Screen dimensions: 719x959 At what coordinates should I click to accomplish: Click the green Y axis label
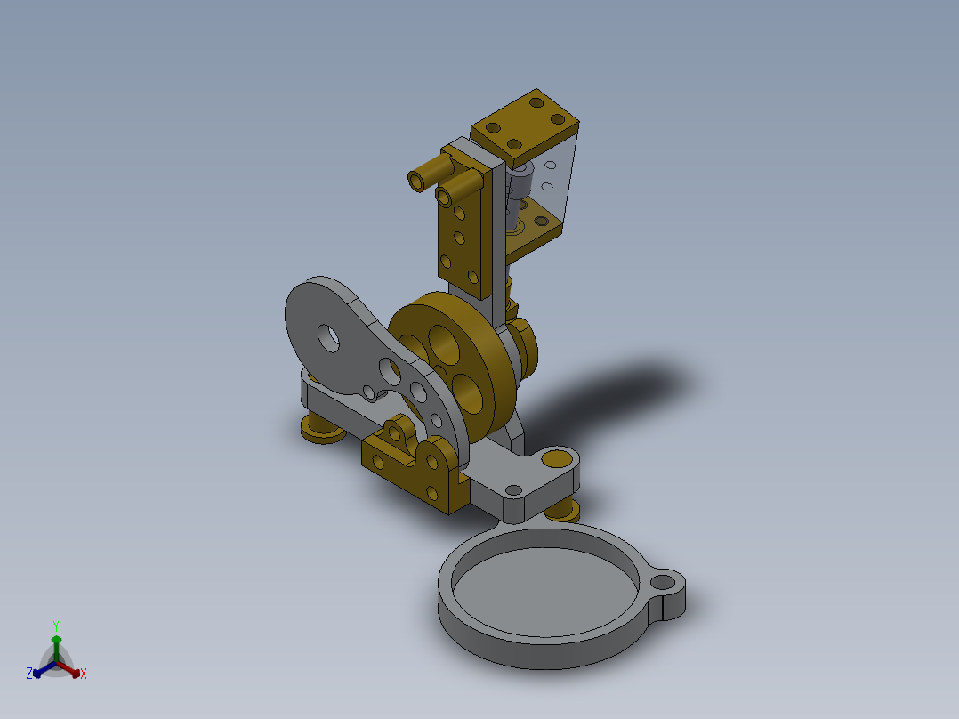(x=55, y=626)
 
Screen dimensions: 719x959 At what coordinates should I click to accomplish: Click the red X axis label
(x=84, y=675)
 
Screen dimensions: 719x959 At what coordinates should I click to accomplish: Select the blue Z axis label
(x=29, y=675)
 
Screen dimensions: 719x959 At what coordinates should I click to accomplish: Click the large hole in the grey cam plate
(x=329, y=336)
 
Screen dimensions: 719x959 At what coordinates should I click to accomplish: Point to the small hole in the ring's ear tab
(x=663, y=583)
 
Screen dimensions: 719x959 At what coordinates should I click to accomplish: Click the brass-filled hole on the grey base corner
(x=558, y=460)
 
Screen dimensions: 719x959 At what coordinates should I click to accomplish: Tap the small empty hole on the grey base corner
(x=513, y=489)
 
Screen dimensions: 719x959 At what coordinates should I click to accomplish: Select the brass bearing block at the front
(x=418, y=467)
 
